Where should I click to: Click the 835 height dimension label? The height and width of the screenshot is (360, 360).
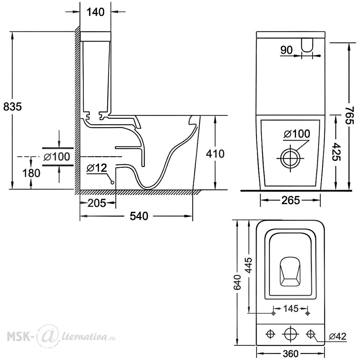[x=13, y=107]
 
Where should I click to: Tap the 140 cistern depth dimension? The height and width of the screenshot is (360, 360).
[x=95, y=12]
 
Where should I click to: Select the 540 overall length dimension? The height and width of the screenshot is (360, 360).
[x=139, y=216]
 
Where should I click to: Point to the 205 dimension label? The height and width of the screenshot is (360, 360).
[x=96, y=203]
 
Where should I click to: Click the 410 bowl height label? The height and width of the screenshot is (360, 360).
[x=215, y=154]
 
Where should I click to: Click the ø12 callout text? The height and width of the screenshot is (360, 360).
[x=96, y=168]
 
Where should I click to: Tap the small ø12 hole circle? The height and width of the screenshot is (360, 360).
[x=112, y=183]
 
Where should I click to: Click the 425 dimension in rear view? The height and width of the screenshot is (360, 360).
[x=337, y=152]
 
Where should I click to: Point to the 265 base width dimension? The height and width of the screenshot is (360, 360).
[x=291, y=201]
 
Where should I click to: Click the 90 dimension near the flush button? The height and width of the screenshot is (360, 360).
[x=287, y=50]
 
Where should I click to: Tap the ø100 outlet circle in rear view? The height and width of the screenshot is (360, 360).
[x=291, y=158]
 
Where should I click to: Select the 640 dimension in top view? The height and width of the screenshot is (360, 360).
[x=237, y=282]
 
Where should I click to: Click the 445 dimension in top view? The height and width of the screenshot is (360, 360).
[x=249, y=266]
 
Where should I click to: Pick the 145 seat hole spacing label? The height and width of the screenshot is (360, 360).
[x=291, y=309]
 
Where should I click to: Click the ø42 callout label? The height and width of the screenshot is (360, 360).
[x=338, y=336]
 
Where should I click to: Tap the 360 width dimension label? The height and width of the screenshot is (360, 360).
[x=291, y=354]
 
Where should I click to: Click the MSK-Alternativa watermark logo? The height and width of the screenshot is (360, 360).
[x=61, y=337]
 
